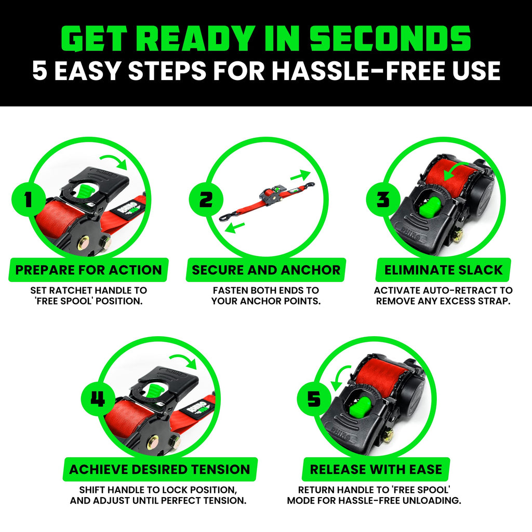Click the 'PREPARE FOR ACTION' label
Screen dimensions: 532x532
(x=88, y=270)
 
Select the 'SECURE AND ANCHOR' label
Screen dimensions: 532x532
(x=266, y=270)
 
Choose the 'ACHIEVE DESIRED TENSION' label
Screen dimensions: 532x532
(x=159, y=470)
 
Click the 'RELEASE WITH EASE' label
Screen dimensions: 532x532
(x=375, y=470)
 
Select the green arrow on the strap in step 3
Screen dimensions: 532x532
(x=452, y=171)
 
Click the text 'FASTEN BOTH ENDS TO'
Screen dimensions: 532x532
(x=266, y=290)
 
